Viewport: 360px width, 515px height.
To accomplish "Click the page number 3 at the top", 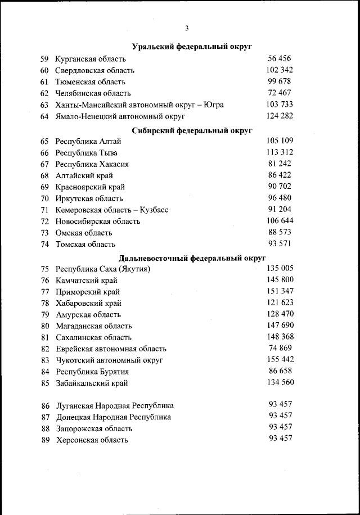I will tap(186, 29).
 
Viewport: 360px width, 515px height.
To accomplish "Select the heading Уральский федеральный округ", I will tap(191, 47).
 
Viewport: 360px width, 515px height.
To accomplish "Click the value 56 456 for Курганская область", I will tap(280, 58).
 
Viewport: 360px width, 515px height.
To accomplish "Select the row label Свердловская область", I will tap(94, 70).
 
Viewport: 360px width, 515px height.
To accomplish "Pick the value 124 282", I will tap(280, 116).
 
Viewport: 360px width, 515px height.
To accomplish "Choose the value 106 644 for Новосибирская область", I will tap(280, 220).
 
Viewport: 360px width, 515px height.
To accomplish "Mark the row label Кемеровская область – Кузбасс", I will tap(112, 210).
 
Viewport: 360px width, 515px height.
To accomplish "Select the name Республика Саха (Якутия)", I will tap(103, 269).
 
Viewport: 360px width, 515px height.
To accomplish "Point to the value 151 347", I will tap(280, 291).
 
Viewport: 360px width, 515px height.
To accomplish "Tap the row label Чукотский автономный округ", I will tap(109, 360).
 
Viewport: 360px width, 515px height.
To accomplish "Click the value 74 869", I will tap(280, 348).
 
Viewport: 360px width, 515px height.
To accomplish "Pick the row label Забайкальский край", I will tap(92, 383).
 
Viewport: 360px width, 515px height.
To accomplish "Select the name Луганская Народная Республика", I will tap(115, 405).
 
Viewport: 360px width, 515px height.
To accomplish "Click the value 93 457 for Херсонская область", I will tap(280, 439).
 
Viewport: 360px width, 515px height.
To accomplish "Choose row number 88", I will tap(46, 428).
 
